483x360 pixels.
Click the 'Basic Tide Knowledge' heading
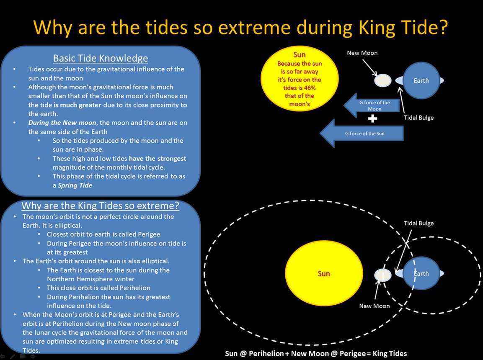[100, 58]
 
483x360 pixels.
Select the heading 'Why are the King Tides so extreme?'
[100, 206]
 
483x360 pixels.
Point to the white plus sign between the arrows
[372, 118]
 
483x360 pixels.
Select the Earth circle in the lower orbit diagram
[421, 273]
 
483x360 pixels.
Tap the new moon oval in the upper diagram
[383, 80]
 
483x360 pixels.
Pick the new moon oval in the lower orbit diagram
[383, 275]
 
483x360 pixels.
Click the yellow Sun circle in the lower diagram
[323, 273]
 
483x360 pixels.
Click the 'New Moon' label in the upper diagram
[362, 53]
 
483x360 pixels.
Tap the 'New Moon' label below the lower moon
[374, 306]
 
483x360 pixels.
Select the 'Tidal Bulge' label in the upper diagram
[418, 118]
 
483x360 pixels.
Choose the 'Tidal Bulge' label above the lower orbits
[418, 223]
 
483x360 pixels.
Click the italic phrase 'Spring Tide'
[75, 185]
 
